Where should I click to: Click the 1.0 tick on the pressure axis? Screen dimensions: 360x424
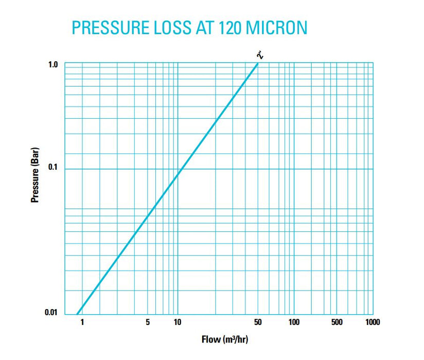[x=53, y=64]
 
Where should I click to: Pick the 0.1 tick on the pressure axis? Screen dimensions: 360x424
[x=53, y=168]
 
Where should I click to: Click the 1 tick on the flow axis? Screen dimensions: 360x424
[x=82, y=323]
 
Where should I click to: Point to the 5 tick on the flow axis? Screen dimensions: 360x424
[x=148, y=323]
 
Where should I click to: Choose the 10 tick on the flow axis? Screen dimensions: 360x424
[x=177, y=323]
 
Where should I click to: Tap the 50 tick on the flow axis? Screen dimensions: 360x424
[x=258, y=323]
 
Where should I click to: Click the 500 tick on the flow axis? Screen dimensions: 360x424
[x=337, y=323]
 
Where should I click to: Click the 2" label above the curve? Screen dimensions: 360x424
[x=262, y=55]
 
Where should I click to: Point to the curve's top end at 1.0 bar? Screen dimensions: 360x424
[x=258, y=64]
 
